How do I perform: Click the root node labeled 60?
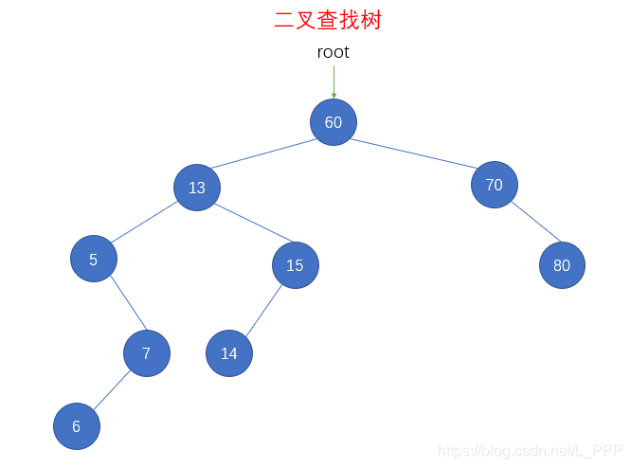[x=333, y=122]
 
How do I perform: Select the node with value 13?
[x=196, y=188]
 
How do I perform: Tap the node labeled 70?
[x=494, y=185]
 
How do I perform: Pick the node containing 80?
[x=562, y=265]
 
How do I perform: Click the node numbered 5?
[x=93, y=260]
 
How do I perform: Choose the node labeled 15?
[x=295, y=265]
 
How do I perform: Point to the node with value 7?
[x=146, y=353]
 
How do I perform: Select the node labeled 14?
[x=229, y=353]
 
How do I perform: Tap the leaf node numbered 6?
[x=76, y=426]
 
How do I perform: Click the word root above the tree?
[x=333, y=52]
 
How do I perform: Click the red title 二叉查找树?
[x=328, y=20]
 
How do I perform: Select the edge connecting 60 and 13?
[x=265, y=154]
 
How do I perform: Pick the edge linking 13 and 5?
[x=145, y=223]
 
